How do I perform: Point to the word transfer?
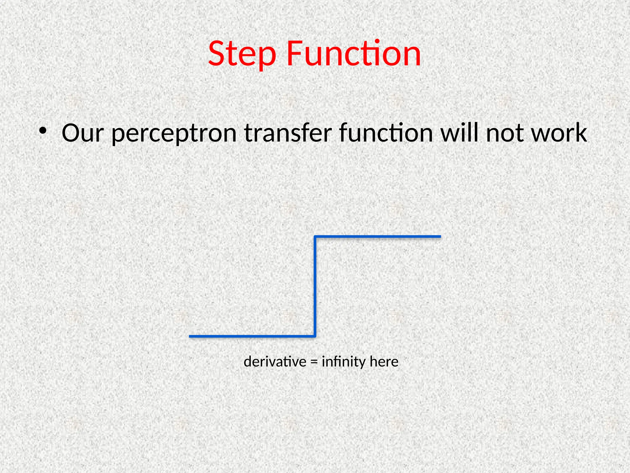(288, 133)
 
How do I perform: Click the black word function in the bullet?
(386, 133)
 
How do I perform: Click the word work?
(559, 133)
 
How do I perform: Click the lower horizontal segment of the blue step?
(252, 336)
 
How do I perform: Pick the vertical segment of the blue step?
(315, 286)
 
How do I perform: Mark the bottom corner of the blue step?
(315, 336)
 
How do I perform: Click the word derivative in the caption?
(275, 362)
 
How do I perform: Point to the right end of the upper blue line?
(440, 236)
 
